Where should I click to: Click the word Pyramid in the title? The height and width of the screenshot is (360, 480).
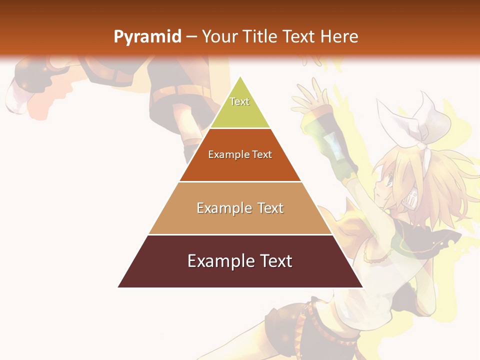tap(147, 36)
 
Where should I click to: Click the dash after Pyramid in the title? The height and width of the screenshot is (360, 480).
tap(191, 37)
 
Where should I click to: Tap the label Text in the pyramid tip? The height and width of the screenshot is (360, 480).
tap(239, 101)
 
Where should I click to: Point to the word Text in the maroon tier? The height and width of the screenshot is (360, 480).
tap(272, 261)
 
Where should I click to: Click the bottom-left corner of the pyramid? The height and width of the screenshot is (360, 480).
tap(118, 287)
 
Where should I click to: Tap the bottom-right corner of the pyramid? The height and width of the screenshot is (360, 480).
tap(362, 287)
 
